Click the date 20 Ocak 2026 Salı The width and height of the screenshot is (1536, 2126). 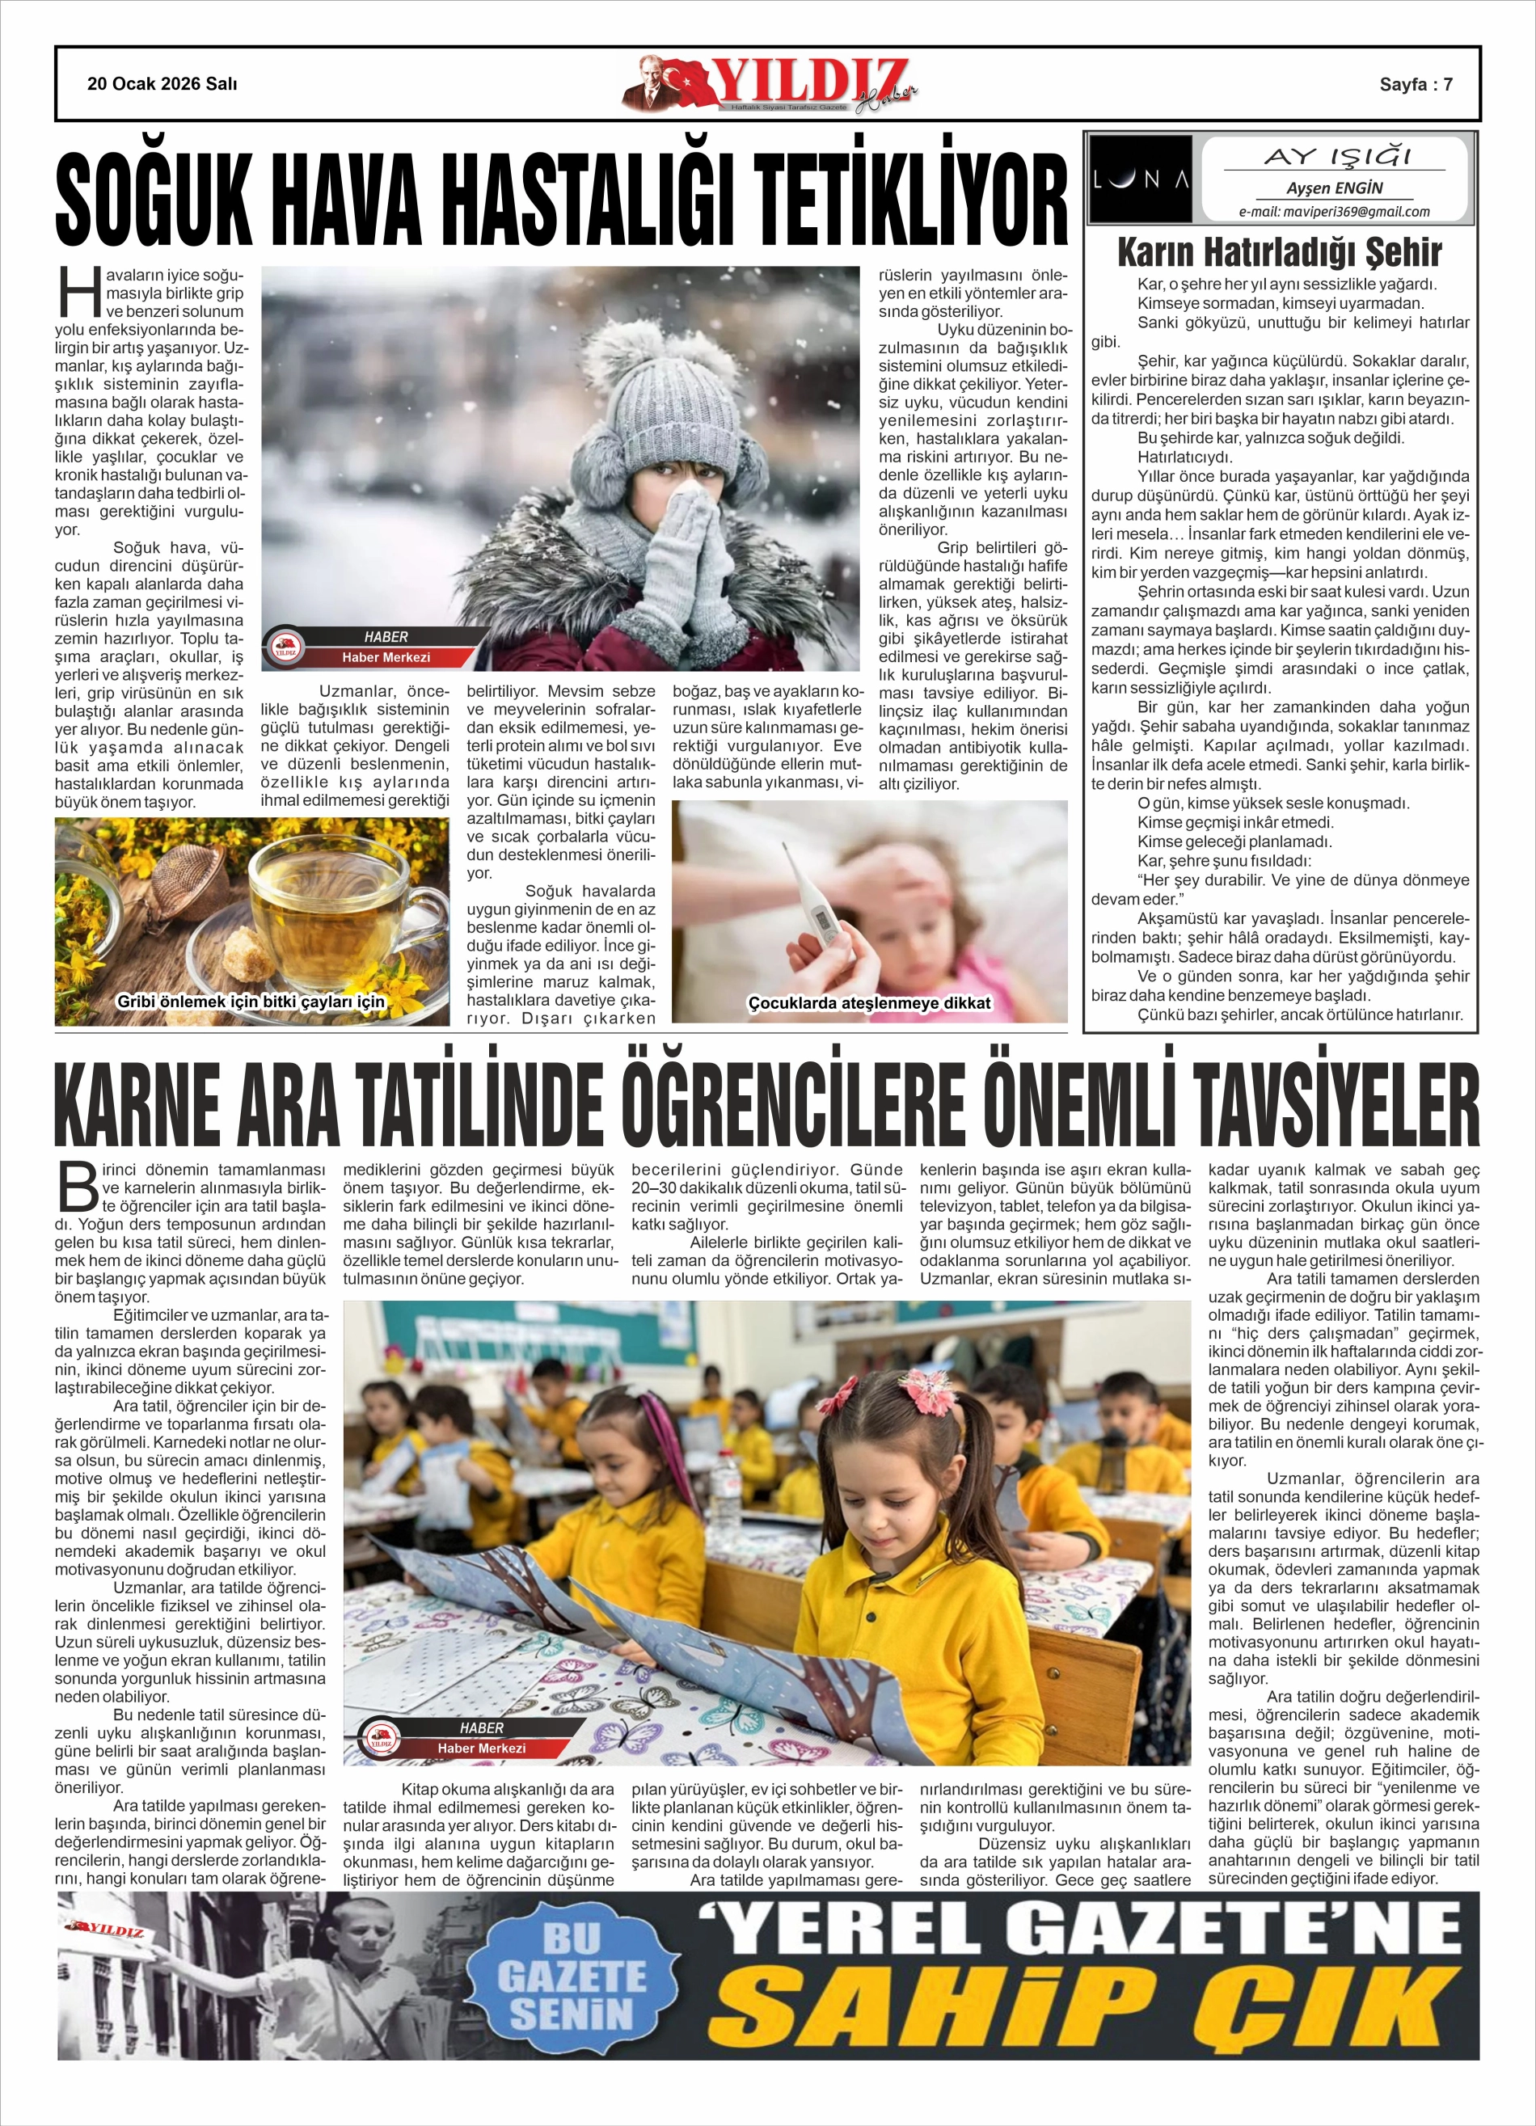(x=162, y=83)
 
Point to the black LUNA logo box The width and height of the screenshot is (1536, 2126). (x=1141, y=178)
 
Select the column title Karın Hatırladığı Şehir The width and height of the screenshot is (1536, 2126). (x=1279, y=252)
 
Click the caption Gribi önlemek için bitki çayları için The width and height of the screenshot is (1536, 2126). (x=251, y=1001)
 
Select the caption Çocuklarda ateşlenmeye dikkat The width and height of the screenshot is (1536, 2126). (x=868, y=1003)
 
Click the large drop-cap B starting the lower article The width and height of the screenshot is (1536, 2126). (x=77, y=1187)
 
